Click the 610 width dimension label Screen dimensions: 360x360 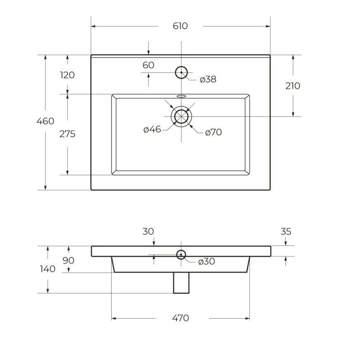(180, 26)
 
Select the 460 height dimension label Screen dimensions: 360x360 (45, 121)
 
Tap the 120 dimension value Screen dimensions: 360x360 (67, 75)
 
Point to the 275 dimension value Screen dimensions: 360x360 (67, 134)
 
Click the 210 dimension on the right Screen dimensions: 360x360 (293, 86)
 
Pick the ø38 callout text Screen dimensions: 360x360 (208, 79)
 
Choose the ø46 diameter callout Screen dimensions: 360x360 (152, 130)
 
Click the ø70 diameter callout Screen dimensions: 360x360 (213, 132)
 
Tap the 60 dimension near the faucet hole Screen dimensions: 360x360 (148, 65)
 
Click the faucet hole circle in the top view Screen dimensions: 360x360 (181, 66)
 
